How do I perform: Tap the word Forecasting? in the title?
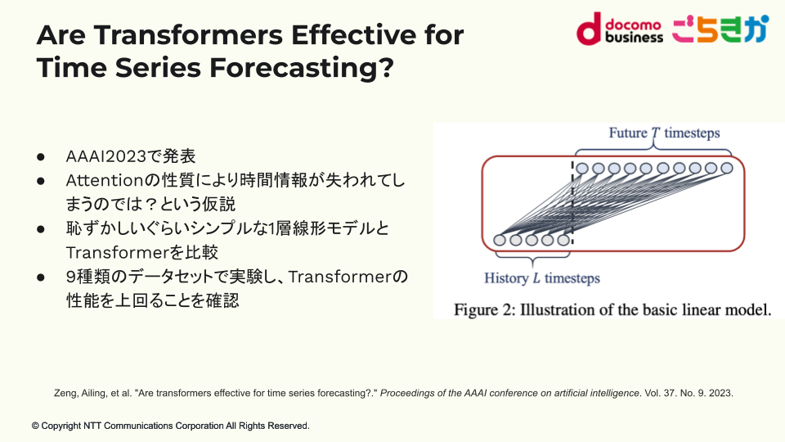[x=302, y=68]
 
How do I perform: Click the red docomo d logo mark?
[x=588, y=29]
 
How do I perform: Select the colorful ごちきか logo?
[x=720, y=29]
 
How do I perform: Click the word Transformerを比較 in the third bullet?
[x=141, y=253]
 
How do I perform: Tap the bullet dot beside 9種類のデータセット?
[x=41, y=277]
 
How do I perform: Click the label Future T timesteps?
[x=664, y=133]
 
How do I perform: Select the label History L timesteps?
[x=541, y=278]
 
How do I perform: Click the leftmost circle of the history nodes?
[x=500, y=240]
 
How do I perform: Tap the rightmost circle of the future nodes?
[x=727, y=168]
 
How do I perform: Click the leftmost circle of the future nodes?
[x=581, y=169]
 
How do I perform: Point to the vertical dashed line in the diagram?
[x=572, y=203]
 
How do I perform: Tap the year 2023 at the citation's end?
[x=721, y=394]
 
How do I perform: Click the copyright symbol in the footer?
[x=35, y=426]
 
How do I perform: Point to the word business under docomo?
[x=634, y=38]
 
